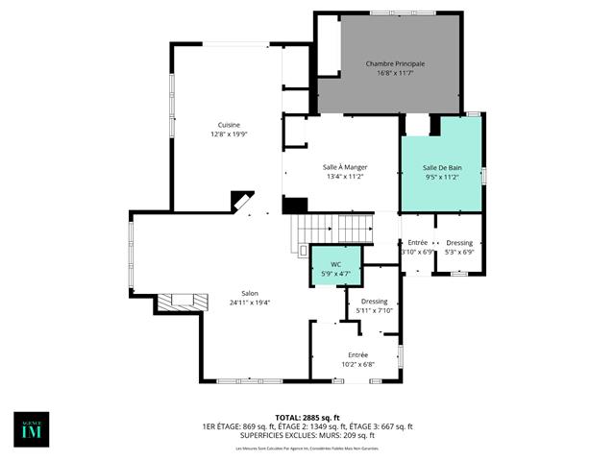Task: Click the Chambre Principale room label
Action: click(x=395, y=63)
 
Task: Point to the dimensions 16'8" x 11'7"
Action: click(x=395, y=73)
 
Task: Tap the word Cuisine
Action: click(x=229, y=125)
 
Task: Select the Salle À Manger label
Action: click(x=345, y=167)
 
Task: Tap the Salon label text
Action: click(x=249, y=294)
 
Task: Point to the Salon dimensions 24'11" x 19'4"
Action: click(x=249, y=303)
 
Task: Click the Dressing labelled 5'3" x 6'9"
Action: click(x=459, y=247)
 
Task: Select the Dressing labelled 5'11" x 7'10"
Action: click(x=374, y=305)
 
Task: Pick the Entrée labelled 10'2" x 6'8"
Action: click(x=357, y=359)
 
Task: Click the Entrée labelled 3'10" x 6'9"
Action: click(x=417, y=247)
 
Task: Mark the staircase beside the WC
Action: click(x=332, y=230)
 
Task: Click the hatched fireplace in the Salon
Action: click(x=183, y=303)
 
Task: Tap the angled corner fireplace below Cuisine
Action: click(x=242, y=202)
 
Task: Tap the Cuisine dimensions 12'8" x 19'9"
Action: click(x=229, y=134)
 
